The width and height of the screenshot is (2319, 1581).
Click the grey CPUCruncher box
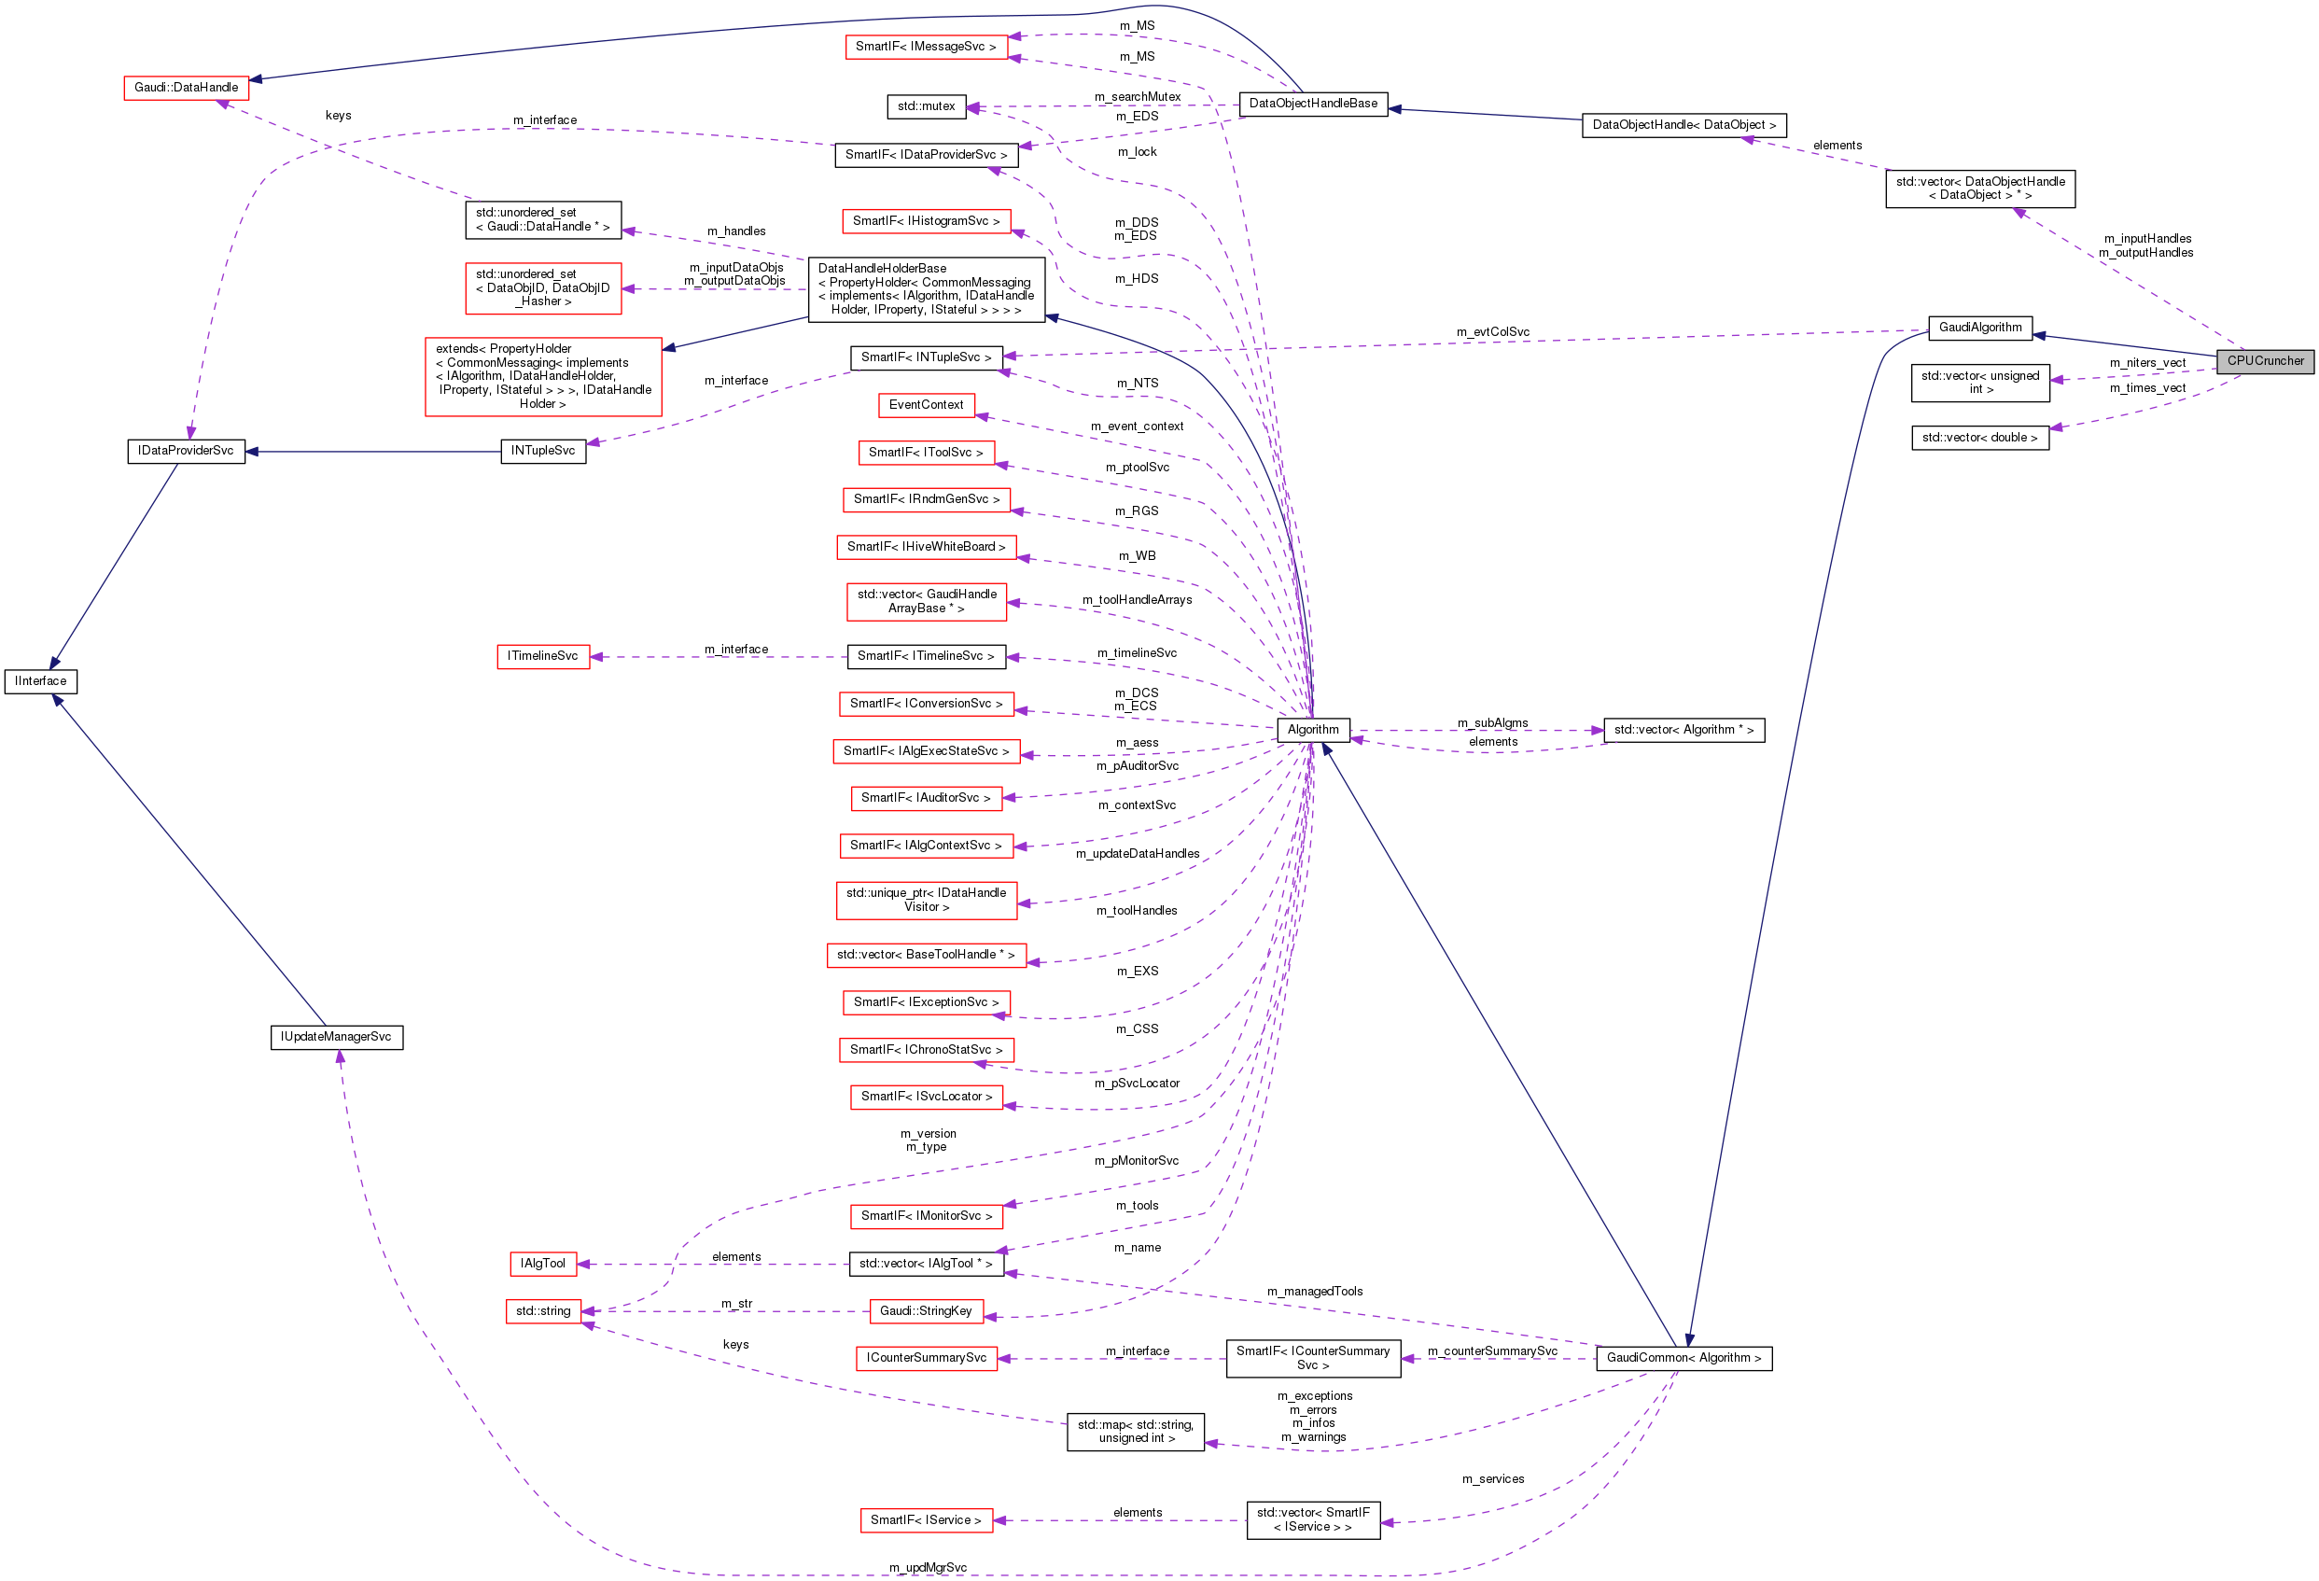coord(2265,361)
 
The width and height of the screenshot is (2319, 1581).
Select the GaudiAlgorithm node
coord(1979,328)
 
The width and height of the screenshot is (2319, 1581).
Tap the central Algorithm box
coord(1312,730)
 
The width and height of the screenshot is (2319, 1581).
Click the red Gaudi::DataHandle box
coord(186,88)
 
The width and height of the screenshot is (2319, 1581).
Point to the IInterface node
coord(41,681)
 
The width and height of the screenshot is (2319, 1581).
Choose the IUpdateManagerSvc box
coord(336,1037)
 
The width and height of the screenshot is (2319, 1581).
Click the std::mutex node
coord(925,105)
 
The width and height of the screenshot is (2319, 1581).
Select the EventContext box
coord(926,405)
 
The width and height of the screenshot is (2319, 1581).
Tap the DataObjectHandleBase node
coord(1312,104)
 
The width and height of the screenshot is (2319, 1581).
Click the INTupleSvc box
coord(543,451)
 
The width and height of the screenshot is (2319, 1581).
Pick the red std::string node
coord(543,1311)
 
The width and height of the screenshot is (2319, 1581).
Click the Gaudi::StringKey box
coord(925,1311)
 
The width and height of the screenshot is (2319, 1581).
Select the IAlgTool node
coord(543,1264)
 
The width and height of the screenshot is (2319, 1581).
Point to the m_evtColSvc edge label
coord(1492,332)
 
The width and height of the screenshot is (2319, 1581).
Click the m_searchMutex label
coord(1137,97)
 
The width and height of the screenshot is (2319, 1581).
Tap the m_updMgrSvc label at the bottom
coord(927,1568)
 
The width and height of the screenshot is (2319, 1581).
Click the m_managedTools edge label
coord(1314,1292)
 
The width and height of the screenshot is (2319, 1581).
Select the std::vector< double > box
coord(1979,438)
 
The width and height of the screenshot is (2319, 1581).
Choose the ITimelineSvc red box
coord(543,657)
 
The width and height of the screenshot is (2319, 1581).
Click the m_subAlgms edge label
coord(1492,723)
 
